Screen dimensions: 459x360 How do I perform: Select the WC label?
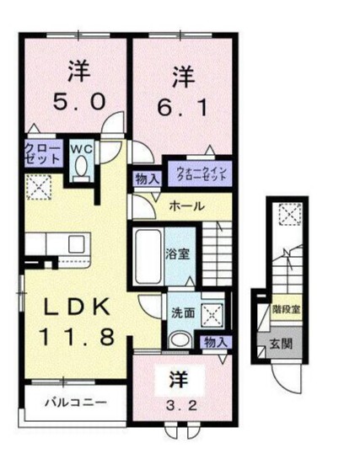[x=80, y=149]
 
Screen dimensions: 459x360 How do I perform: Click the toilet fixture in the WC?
[x=80, y=168]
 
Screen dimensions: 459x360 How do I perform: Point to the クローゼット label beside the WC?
[x=41, y=152]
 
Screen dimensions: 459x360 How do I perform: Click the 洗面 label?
[x=182, y=310]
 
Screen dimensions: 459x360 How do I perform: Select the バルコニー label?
[x=76, y=403]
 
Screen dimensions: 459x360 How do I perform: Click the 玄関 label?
[x=280, y=343]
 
